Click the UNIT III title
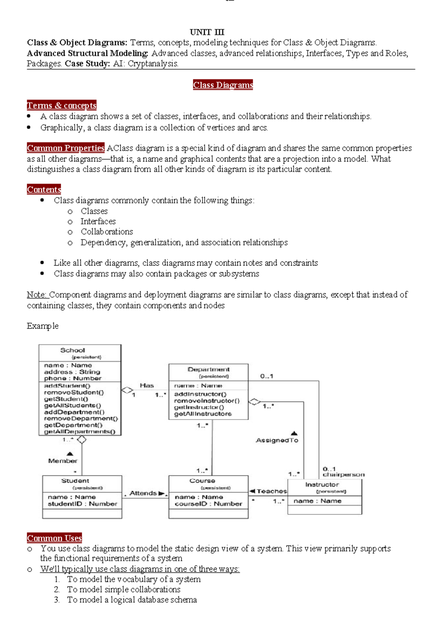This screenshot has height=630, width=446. coord(207,32)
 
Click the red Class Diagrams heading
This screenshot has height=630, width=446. coord(223,85)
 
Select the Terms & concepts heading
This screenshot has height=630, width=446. coord(61,105)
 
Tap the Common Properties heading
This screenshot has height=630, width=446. coord(65,148)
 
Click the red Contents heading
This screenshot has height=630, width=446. coord(44,189)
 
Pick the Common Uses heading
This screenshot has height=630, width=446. coord(54,538)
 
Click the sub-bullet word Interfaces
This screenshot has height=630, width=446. coord(98,221)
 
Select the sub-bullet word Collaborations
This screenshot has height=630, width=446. coord(107,232)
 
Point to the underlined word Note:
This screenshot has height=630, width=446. coord(37,295)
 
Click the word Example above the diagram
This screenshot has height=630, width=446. coord(42,326)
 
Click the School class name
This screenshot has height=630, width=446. coord(72,350)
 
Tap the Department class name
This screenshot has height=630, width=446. coord(209,369)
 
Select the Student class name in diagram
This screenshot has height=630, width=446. coord(75,481)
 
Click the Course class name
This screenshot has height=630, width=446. coord(202,481)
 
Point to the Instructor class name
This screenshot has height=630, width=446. coord(322,484)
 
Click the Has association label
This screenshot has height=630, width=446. coord(146,386)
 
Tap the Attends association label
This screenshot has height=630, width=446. coord(143,493)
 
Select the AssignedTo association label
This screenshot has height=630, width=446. coord(277,440)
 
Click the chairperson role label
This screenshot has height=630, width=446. coord(343,475)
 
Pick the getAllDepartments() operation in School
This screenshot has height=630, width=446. coord(80,432)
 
